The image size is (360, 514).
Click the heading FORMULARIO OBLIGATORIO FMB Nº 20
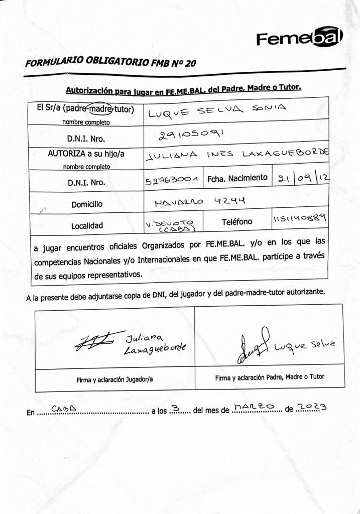point(111,62)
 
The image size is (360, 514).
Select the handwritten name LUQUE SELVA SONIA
point(216,111)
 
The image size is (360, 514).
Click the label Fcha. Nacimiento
point(237,178)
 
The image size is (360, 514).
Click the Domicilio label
point(86,204)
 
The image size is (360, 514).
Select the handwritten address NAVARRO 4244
point(199,201)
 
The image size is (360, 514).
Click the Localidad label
point(86,226)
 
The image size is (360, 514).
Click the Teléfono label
point(237,221)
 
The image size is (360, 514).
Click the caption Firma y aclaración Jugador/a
point(115,379)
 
